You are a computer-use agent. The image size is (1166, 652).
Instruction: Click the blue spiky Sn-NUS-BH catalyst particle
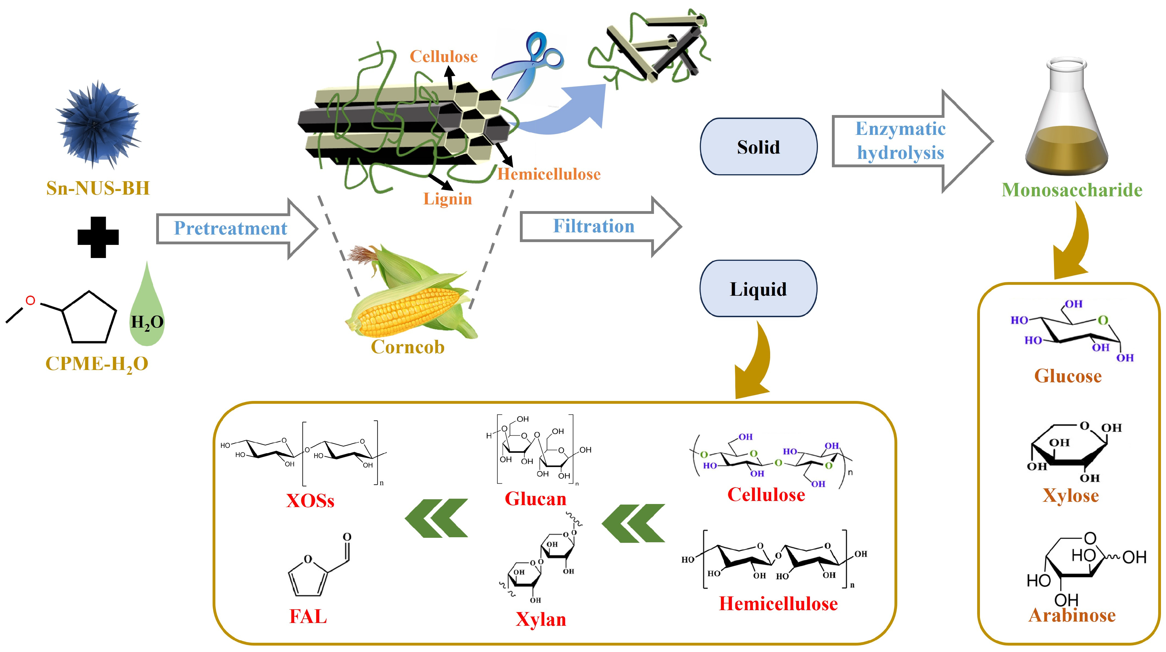tap(97, 125)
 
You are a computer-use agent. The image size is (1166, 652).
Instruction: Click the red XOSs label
tap(310, 501)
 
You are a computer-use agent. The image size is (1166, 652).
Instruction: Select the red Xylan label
tap(541, 619)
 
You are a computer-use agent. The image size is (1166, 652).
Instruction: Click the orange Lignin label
tap(447, 199)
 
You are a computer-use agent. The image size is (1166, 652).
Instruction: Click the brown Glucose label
tap(1068, 376)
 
